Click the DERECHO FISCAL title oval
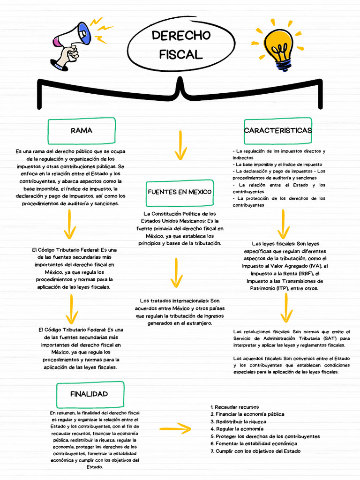(181, 45)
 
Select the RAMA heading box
(82, 131)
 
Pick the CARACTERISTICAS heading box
(277, 130)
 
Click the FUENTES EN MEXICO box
(180, 192)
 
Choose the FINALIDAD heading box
(90, 394)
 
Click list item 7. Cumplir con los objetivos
(255, 451)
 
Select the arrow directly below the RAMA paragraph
(70, 225)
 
